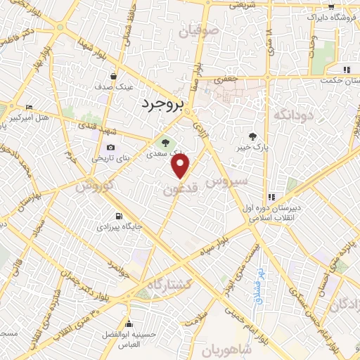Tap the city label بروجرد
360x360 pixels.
pyautogui.click(x=162, y=104)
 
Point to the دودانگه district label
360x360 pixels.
pyautogui.click(x=292, y=114)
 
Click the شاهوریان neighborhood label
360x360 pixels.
pyautogui.click(x=226, y=349)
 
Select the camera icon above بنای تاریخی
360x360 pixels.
pyautogui.click(x=110, y=148)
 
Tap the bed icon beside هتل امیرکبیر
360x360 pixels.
pyautogui.click(x=29, y=108)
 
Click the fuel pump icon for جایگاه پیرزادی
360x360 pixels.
pyautogui.click(x=117, y=216)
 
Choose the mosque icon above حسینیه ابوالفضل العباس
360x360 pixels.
pyautogui.click(x=129, y=323)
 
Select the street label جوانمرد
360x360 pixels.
pyautogui.click(x=115, y=270)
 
